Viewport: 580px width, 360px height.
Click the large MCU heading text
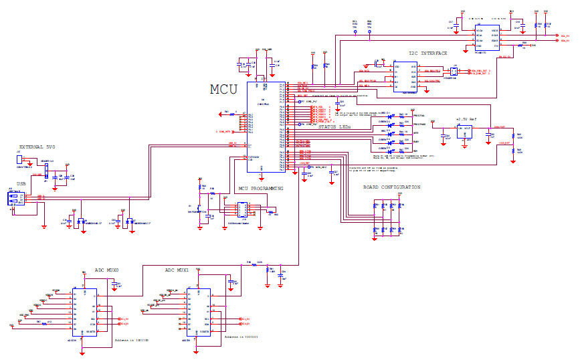pos(224,90)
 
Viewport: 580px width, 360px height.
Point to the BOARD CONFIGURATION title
pos(391,187)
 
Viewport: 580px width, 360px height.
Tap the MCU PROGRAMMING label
pos(261,189)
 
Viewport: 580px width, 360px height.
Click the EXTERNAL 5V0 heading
pos(38,147)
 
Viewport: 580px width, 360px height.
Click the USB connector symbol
pos(15,199)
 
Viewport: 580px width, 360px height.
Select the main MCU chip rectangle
pos(263,127)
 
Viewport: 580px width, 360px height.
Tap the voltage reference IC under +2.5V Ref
pos(464,132)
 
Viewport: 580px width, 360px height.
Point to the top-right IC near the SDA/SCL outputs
pos(486,38)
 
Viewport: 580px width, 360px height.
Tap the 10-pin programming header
pos(242,209)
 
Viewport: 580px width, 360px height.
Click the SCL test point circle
pos(355,31)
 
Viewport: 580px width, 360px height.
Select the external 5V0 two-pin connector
pos(20,160)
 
